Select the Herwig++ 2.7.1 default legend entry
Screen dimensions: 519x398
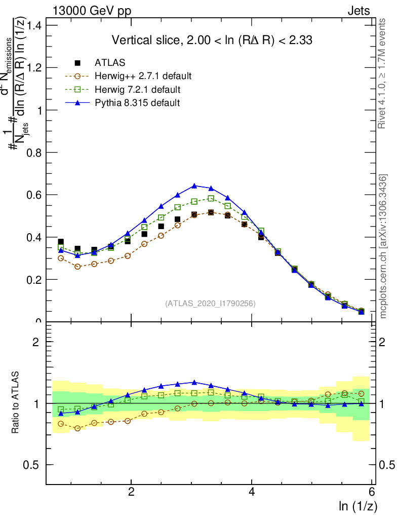(143, 77)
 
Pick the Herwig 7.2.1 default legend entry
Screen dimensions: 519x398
(137, 90)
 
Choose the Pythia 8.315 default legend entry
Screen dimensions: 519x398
(137, 103)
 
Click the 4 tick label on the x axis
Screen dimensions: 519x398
(252, 492)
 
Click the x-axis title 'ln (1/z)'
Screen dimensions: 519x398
(357, 506)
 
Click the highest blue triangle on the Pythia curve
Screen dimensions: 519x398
(194, 186)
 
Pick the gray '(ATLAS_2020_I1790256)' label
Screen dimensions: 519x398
(210, 304)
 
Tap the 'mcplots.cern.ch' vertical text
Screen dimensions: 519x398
(383, 246)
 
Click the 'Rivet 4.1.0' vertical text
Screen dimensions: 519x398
(383, 73)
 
